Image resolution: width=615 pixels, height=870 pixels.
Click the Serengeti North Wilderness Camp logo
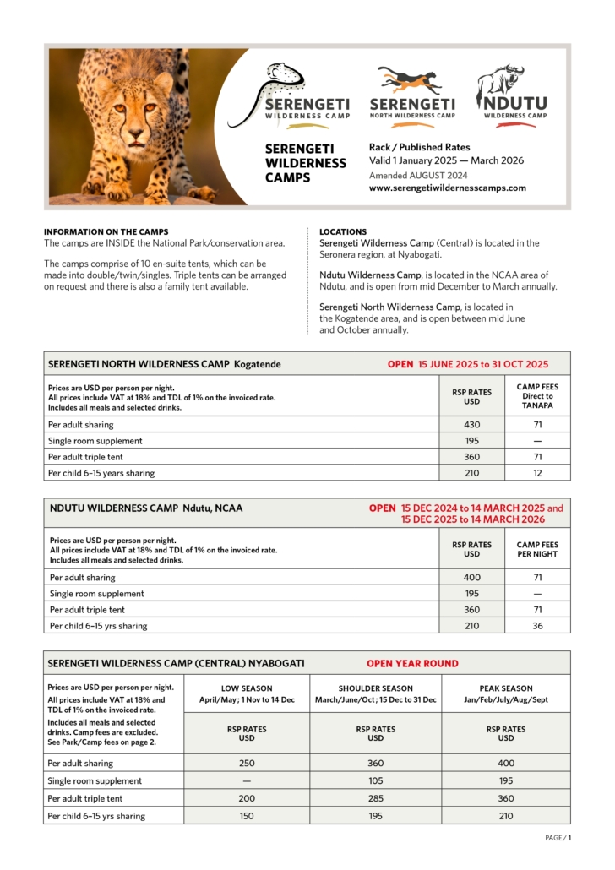click(412, 95)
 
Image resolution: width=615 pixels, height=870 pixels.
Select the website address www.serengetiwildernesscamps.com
click(447, 188)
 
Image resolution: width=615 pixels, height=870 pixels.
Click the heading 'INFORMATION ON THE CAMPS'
click(106, 231)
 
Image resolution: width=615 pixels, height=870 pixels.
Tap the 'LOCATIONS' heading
click(343, 231)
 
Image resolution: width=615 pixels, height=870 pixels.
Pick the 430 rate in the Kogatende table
click(471, 425)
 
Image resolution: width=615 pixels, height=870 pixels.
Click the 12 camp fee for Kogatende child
click(537, 473)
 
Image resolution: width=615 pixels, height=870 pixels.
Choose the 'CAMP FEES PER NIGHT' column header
click(537, 550)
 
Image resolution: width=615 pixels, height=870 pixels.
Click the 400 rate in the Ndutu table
click(471, 578)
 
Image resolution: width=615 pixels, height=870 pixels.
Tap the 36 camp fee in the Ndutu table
click(537, 626)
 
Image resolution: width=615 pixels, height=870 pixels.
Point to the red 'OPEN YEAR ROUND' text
click(412, 663)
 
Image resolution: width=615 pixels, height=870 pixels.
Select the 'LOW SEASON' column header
click(246, 688)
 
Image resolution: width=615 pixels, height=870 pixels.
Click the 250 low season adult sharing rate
click(246, 764)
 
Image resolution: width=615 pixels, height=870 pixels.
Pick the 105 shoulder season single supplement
click(375, 781)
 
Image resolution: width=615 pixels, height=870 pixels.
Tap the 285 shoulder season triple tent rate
click(375, 798)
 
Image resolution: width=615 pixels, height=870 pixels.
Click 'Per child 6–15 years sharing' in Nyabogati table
click(96, 816)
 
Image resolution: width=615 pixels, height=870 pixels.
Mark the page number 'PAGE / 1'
click(558, 838)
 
